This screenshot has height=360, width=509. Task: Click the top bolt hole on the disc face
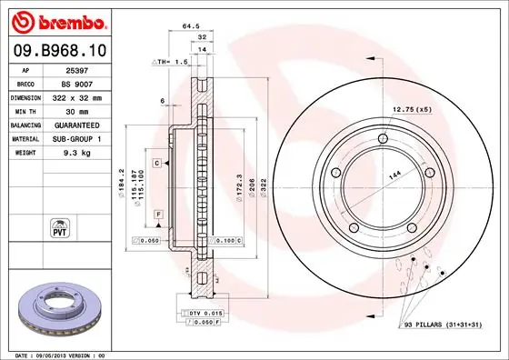pos(383,136)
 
